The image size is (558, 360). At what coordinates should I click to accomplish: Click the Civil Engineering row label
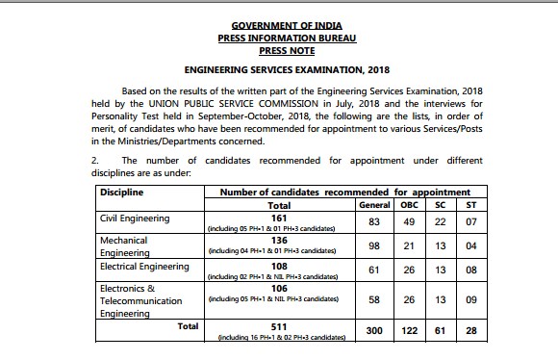tap(135, 219)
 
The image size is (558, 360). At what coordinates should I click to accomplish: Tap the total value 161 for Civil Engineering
tap(277, 219)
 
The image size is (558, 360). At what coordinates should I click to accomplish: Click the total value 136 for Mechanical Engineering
tap(277, 242)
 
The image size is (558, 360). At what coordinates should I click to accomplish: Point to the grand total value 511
tap(277, 327)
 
